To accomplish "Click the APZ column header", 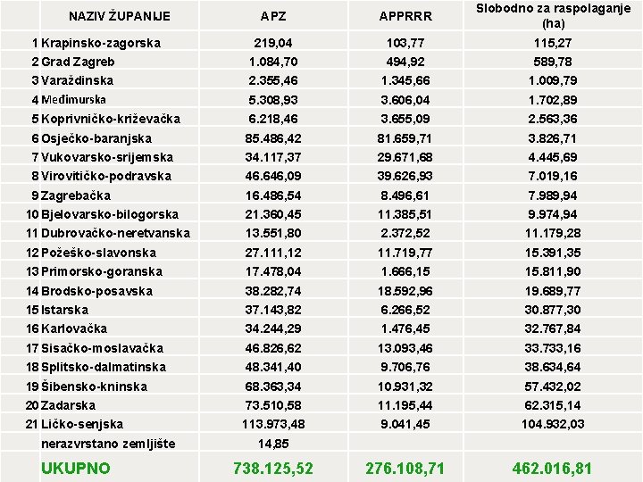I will tap(273, 16).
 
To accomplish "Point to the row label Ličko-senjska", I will tap(82, 424).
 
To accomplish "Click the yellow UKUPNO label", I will tap(75, 468).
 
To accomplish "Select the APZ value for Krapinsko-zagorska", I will tap(272, 43).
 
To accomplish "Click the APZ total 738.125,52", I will tap(272, 467).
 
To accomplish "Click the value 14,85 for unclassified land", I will tap(272, 444).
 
